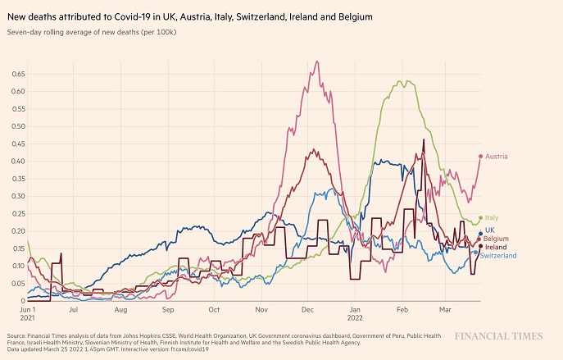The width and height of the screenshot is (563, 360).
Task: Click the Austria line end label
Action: tap(497, 157)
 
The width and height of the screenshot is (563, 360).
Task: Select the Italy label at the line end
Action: tap(492, 218)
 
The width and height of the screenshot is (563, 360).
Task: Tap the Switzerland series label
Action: tap(498, 256)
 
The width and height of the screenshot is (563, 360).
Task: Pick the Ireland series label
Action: tap(496, 247)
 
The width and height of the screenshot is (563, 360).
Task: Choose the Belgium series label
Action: tap(496, 239)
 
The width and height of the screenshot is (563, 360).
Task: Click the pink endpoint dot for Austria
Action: tap(481, 157)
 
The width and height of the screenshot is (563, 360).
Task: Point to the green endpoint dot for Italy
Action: tap(481, 218)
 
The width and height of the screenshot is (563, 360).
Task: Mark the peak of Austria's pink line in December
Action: tap(316, 62)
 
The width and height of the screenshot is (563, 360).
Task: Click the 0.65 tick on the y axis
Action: tap(18, 75)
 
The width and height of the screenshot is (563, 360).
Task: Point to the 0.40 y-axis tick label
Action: tap(18, 162)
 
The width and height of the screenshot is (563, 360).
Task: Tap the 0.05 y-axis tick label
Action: tap(18, 284)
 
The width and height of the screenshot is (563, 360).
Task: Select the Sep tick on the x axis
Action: tap(168, 310)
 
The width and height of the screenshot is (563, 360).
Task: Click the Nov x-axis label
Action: tap(261, 310)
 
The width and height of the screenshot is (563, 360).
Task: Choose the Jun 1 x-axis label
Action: tap(28, 310)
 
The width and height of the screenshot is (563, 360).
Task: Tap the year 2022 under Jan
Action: tap(355, 318)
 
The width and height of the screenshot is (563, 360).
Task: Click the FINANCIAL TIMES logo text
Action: tap(499, 336)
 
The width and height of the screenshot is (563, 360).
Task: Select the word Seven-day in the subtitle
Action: tap(22, 32)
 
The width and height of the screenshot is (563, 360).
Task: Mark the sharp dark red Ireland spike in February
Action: tap(424, 140)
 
